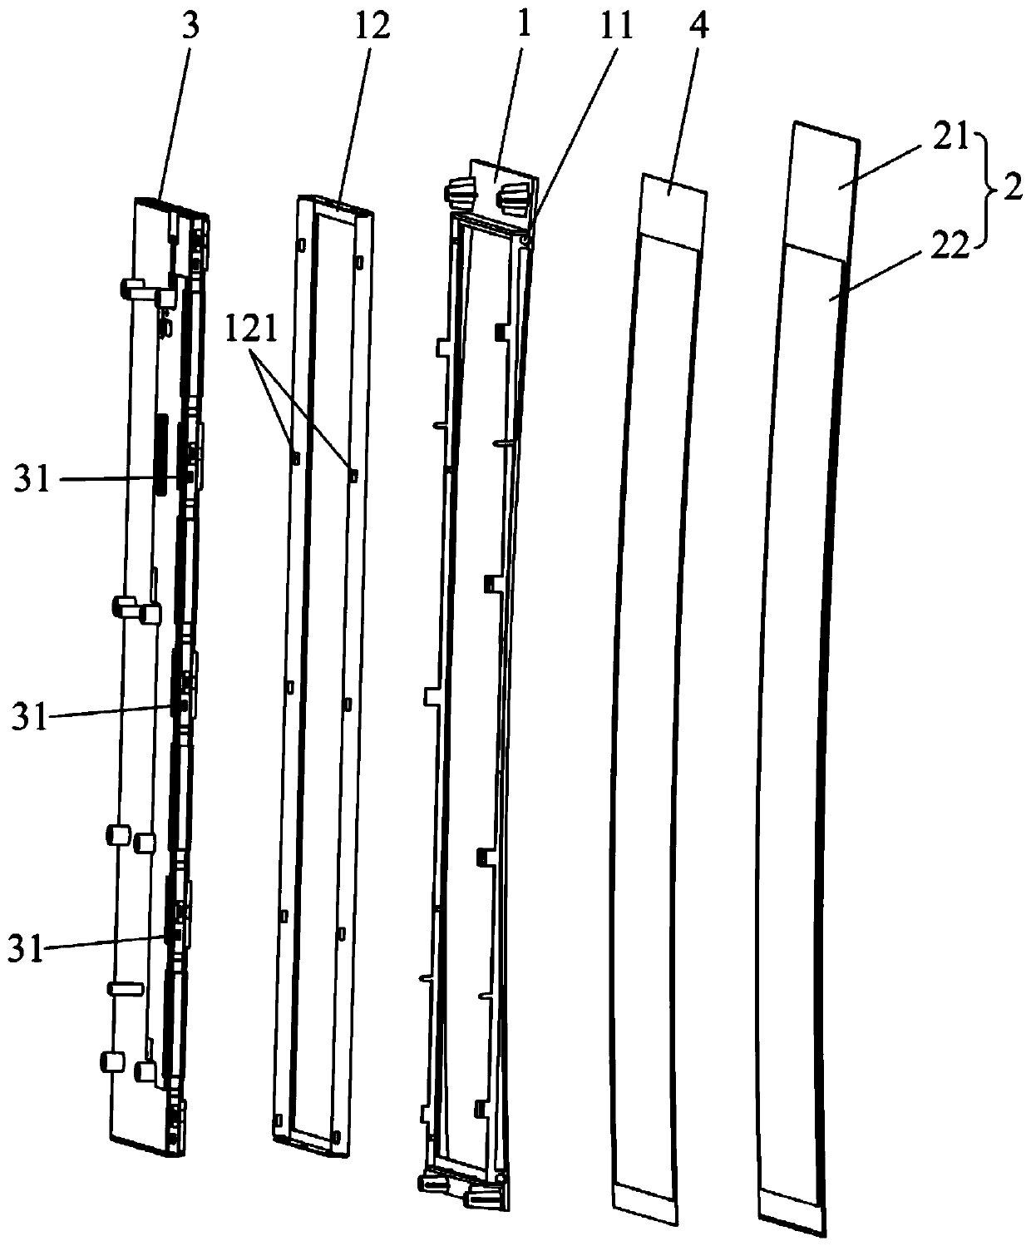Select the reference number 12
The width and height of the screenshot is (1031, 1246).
[x=371, y=27]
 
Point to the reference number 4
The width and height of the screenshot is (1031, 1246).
[x=699, y=27]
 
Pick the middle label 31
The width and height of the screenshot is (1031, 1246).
[x=29, y=716]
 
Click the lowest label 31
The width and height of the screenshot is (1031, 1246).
[x=27, y=949]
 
